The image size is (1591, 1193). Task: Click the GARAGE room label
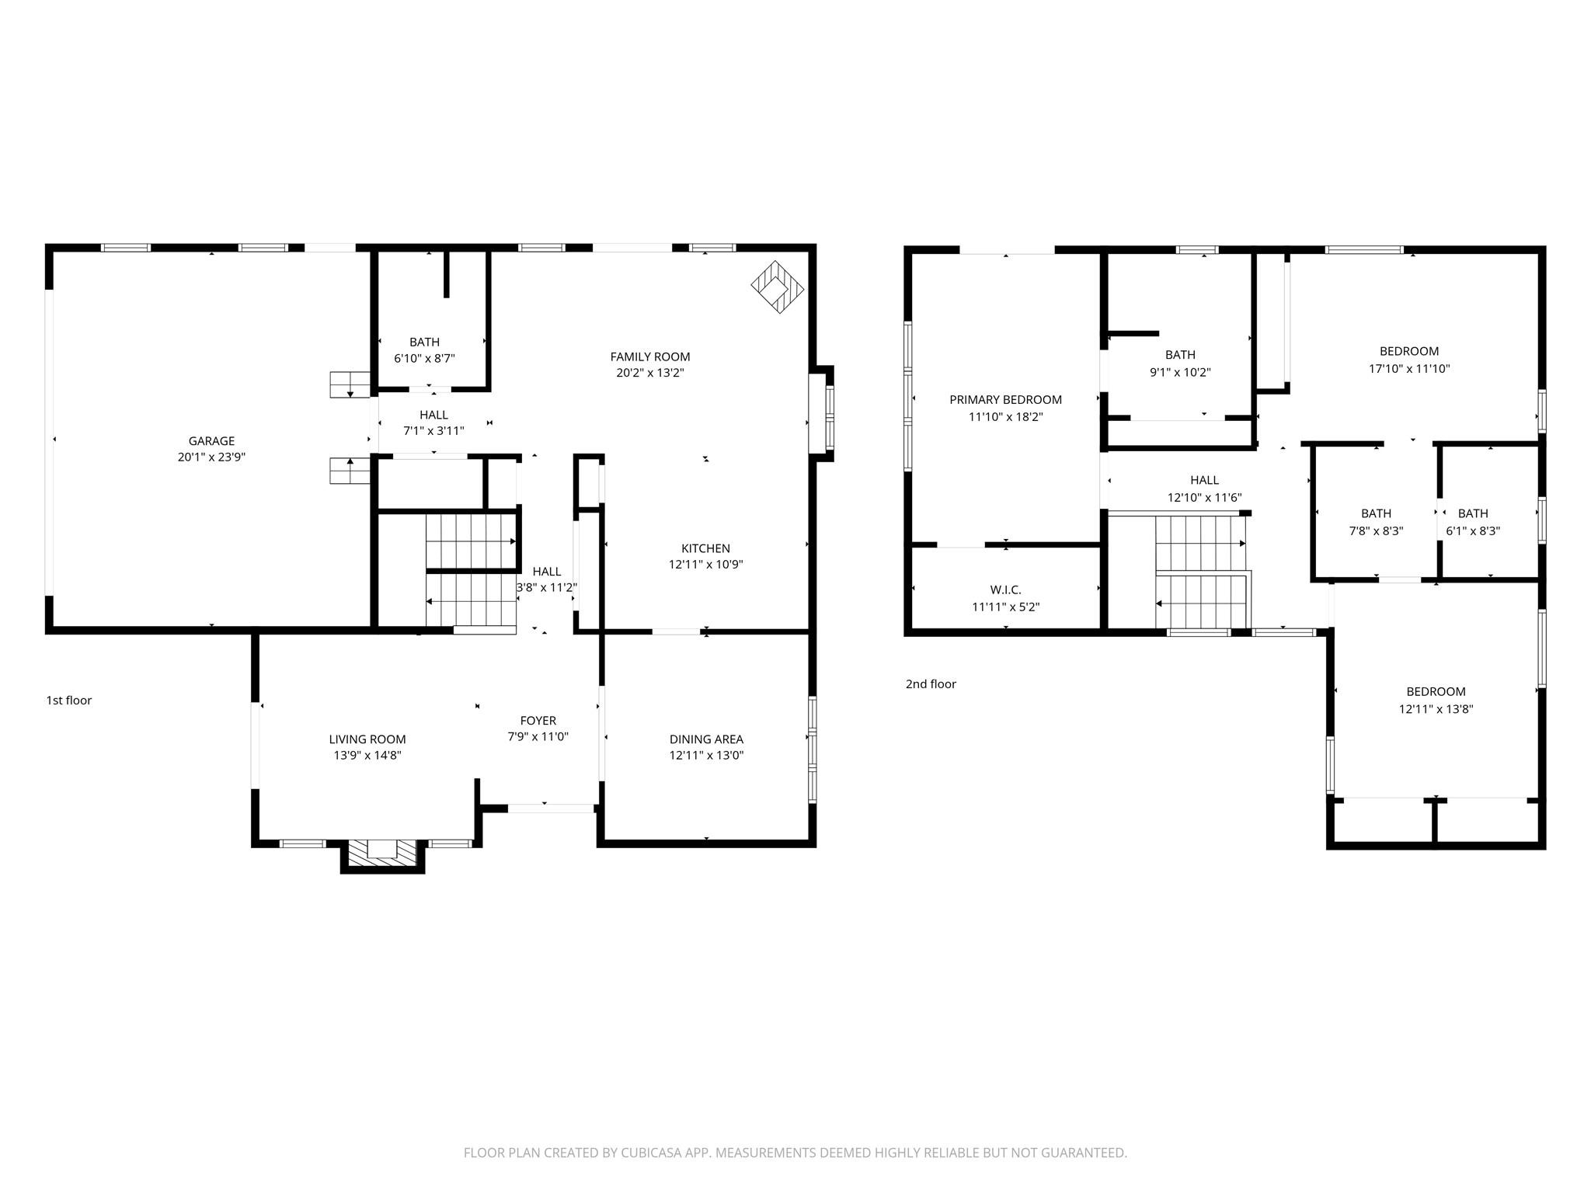pos(211,441)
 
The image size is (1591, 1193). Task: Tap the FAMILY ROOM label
pos(650,357)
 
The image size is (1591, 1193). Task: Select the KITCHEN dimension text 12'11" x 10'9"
pos(706,565)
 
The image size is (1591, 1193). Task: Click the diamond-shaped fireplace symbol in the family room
pos(778,287)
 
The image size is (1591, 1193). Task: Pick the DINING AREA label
pos(706,739)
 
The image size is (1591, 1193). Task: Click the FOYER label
pos(538,721)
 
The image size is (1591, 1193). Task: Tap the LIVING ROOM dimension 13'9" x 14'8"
pos(367,755)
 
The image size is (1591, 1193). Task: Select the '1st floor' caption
pos(69,701)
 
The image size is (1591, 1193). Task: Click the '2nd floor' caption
pos(931,684)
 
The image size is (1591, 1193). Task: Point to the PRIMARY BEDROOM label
pos(1005,400)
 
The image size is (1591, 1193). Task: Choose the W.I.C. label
pos(1006,590)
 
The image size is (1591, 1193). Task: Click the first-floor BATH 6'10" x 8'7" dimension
pos(424,358)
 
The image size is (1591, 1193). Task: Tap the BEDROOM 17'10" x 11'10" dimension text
pos(1409,369)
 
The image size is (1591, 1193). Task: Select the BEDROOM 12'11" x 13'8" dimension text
pos(1436,709)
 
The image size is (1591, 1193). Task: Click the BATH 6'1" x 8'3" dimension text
pos(1473,531)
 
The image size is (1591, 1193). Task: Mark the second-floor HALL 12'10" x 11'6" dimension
pos(1205,498)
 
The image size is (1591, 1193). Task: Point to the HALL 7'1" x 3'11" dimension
pos(433,430)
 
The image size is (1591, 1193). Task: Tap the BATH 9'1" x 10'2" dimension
pos(1180,372)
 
